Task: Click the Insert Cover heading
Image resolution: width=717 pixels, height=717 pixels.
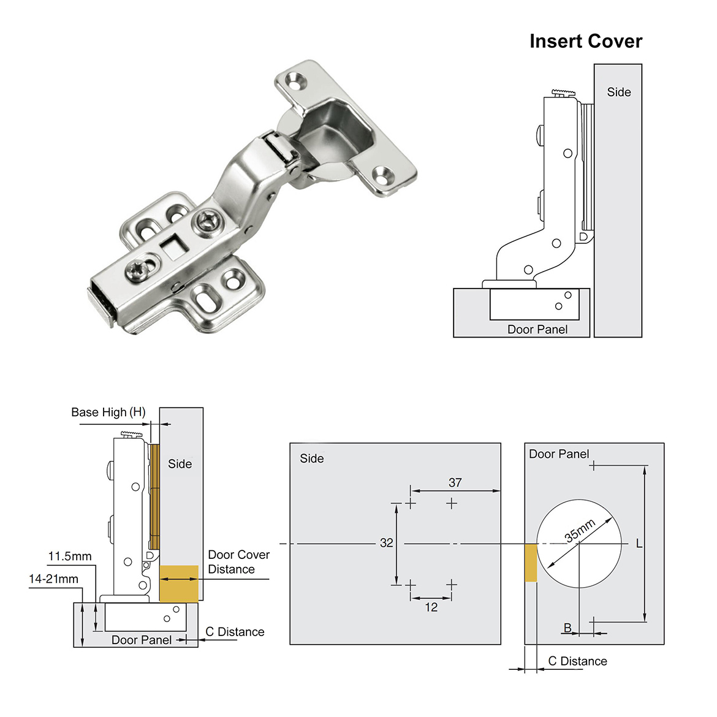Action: click(585, 41)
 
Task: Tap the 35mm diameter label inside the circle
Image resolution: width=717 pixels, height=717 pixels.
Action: click(580, 531)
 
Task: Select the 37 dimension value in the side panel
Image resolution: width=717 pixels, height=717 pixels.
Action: click(455, 482)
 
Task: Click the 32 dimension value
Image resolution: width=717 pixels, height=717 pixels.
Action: click(386, 543)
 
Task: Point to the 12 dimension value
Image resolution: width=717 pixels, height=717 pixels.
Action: click(431, 607)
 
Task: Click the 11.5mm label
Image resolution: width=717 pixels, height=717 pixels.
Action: click(70, 556)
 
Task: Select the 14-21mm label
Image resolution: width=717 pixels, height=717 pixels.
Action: click(54, 579)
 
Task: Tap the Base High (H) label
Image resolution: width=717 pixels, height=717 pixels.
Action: click(108, 412)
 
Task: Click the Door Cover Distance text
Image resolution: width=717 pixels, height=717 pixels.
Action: click(238, 562)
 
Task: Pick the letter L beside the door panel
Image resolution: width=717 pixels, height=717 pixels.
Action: click(639, 544)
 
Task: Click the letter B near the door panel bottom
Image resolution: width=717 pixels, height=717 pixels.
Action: click(567, 628)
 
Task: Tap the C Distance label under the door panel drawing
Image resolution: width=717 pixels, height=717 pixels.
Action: click(577, 661)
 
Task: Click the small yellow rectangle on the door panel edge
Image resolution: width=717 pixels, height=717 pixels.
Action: click(531, 563)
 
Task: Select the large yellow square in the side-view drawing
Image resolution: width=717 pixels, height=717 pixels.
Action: click(179, 583)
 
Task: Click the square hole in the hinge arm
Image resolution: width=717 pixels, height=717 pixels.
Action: click(173, 248)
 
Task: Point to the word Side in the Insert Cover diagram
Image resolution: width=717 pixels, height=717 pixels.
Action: click(618, 92)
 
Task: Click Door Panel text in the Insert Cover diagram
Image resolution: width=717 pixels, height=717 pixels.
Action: click(537, 329)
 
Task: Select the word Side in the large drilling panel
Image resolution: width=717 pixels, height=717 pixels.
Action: click(311, 458)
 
